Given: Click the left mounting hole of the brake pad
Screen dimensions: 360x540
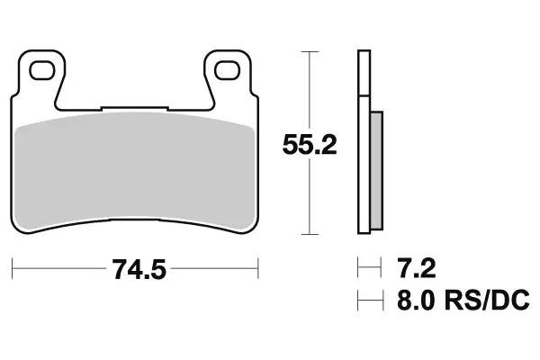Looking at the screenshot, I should [39, 67].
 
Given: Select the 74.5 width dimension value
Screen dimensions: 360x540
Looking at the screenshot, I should [136, 269].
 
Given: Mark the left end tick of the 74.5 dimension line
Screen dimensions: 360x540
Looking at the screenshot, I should [13, 268].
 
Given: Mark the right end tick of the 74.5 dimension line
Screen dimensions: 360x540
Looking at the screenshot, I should [258, 268].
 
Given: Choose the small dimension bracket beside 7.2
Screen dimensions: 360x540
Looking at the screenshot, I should [364, 268].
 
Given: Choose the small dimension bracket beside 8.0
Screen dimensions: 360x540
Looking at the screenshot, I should [365, 300].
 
